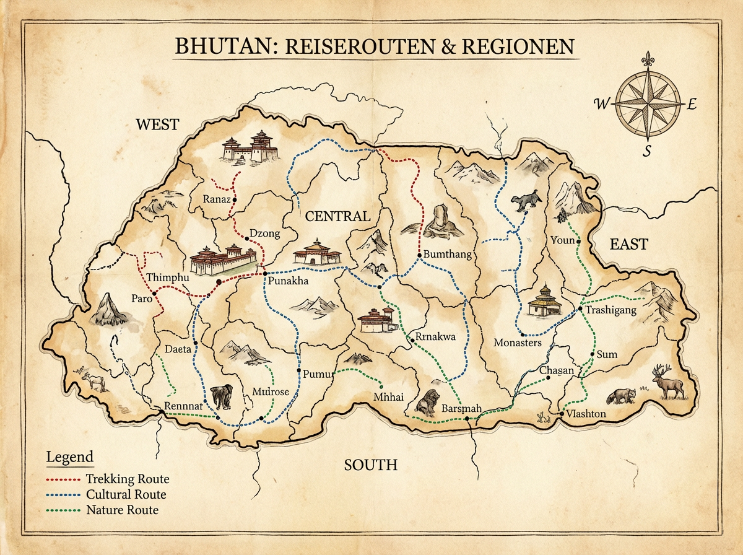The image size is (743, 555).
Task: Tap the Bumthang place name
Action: click(448, 255)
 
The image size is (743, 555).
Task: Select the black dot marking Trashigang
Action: click(580, 308)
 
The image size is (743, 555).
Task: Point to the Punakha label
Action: click(288, 281)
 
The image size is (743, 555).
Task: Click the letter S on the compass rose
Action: click(646, 151)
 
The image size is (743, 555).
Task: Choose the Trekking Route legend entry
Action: click(127, 479)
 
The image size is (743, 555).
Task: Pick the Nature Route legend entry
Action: click(122, 510)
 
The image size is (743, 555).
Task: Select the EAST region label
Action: click(628, 244)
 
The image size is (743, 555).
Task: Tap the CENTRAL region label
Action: click(337, 216)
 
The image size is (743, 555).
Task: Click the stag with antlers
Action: click(668, 382)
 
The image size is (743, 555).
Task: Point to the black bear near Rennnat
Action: click(222, 396)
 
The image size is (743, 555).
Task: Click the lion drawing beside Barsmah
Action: click(427, 404)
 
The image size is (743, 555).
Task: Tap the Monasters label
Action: click(518, 343)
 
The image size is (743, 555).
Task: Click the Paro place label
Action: click(142, 299)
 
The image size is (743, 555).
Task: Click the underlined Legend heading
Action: click(69, 458)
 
